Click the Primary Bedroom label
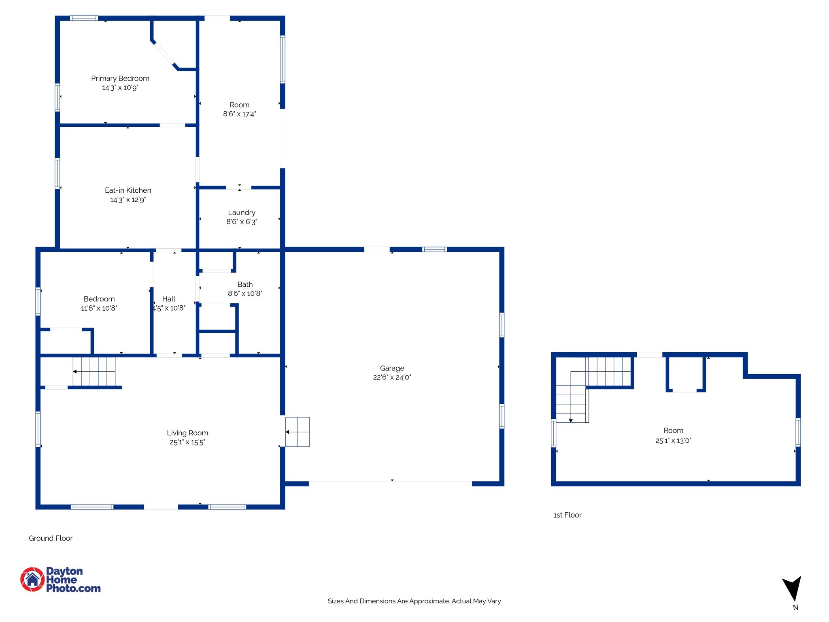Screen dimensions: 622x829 [x=120, y=79]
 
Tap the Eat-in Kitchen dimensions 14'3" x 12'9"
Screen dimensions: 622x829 [x=128, y=200]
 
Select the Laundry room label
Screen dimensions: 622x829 [x=242, y=213]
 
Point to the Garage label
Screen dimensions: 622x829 [x=392, y=368]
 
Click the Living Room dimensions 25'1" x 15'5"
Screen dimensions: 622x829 [x=187, y=442]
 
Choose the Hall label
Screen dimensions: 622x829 [x=169, y=299]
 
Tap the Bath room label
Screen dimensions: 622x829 [x=245, y=284]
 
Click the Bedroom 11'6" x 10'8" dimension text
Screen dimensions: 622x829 [x=99, y=308]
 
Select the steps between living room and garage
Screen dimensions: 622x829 [x=298, y=432]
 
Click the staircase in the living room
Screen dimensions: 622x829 [x=94, y=371]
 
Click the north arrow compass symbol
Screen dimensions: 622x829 [x=792, y=588]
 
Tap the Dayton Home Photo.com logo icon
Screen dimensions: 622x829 [x=32, y=579]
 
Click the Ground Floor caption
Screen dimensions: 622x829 [x=51, y=538]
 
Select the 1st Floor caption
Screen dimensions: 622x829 [x=567, y=515]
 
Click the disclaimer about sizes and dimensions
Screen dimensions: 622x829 [x=414, y=601]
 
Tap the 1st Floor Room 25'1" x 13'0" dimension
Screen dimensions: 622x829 [x=673, y=441]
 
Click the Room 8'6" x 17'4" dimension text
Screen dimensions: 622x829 [x=240, y=114]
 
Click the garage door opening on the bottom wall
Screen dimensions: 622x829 [x=391, y=481]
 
